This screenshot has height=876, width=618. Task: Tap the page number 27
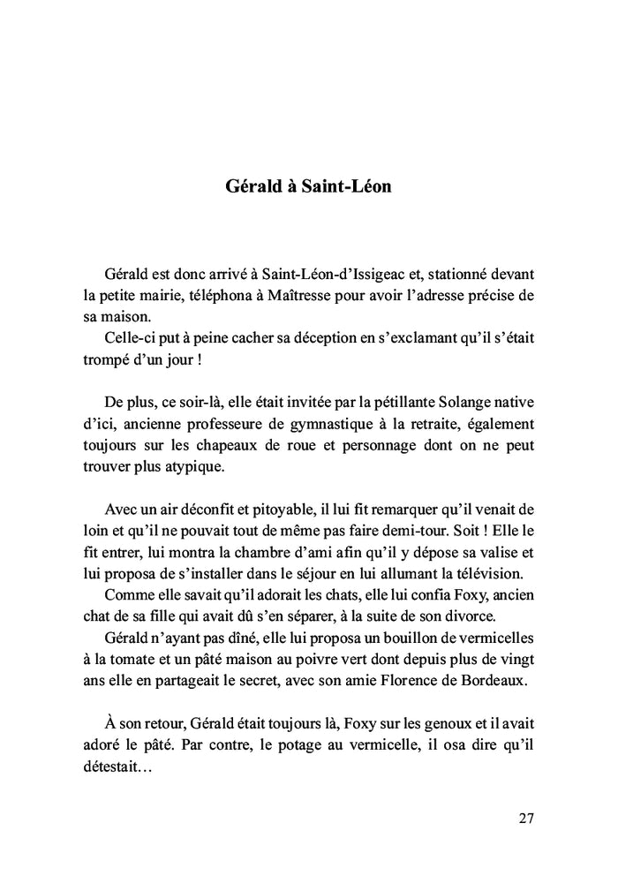tap(526, 817)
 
